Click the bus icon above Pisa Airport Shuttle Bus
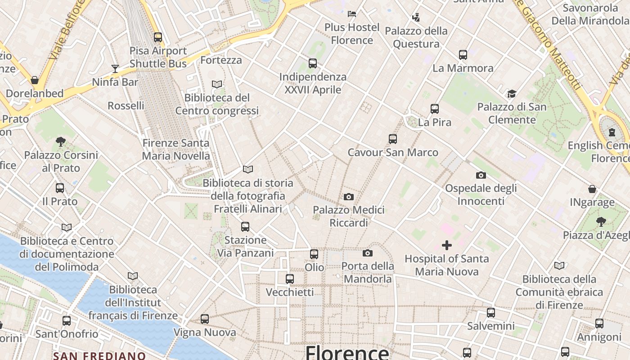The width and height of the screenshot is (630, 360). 158,37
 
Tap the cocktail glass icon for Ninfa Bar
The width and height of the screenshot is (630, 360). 115,69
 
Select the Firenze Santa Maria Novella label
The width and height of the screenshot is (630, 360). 176,149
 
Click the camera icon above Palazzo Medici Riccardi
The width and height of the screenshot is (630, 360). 348,197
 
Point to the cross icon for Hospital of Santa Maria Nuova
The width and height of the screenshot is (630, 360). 447,245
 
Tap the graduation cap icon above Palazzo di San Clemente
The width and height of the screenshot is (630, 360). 512,94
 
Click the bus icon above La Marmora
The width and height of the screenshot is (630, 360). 463,55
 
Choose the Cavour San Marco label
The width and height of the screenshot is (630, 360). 393,153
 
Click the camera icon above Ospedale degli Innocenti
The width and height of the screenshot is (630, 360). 481,175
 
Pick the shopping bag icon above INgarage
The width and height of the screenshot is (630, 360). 592,189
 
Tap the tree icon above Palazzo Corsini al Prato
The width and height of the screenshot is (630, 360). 61,142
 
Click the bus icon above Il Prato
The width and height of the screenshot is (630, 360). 60,188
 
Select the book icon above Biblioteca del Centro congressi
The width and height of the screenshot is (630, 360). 217,84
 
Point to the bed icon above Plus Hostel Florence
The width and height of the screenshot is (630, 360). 352,14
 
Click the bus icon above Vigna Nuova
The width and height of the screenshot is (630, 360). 205,319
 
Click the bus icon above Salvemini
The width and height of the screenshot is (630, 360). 491,313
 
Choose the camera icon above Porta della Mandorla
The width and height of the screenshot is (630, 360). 368,253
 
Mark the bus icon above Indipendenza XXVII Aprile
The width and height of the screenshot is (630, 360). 313,63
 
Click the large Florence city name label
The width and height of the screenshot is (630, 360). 347,352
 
